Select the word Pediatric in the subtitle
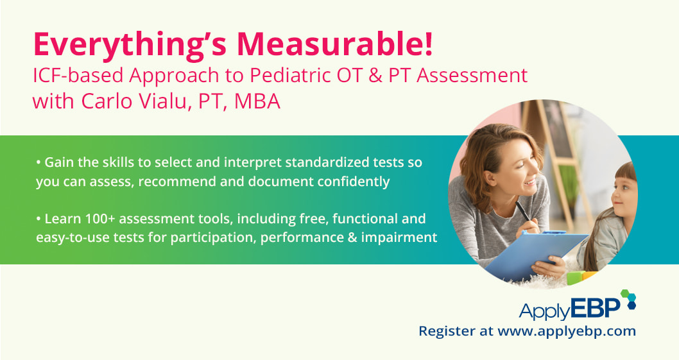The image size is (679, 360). [288, 75]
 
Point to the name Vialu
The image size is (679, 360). [163, 101]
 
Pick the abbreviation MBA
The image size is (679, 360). [257, 101]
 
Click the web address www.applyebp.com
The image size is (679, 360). [567, 332]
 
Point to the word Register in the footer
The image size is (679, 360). [447, 332]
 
